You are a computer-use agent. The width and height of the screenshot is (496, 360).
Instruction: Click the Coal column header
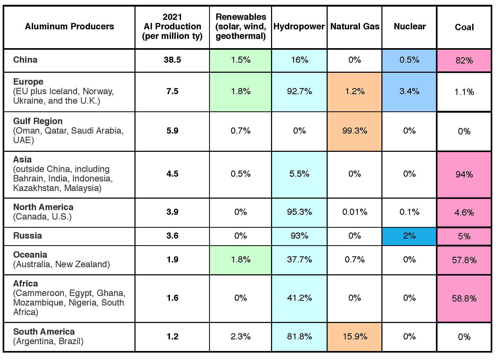(x=464, y=27)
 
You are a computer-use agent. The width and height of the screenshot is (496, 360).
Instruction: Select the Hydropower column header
(x=299, y=26)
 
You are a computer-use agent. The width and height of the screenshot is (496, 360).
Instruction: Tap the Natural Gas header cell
(x=355, y=26)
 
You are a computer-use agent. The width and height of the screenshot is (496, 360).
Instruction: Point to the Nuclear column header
(x=409, y=26)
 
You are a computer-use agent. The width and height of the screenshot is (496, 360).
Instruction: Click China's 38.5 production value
(x=172, y=60)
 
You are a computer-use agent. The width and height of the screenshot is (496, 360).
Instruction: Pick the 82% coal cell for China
(x=464, y=60)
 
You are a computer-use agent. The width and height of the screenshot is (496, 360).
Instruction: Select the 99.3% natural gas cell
(x=355, y=131)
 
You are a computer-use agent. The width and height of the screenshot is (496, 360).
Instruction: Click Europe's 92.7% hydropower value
(x=299, y=92)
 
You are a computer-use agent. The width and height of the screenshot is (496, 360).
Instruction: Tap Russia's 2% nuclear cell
(x=409, y=236)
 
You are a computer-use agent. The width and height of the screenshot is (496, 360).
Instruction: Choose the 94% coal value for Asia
(x=464, y=174)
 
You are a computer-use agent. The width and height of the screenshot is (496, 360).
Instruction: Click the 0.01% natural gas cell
(x=355, y=212)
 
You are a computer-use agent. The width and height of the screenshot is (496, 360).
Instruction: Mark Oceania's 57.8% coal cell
(x=464, y=260)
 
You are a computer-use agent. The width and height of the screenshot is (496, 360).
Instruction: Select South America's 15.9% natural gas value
(x=355, y=336)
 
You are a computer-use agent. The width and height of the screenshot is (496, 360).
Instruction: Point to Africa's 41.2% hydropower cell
(x=299, y=298)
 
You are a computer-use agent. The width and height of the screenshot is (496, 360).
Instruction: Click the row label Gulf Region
(x=38, y=121)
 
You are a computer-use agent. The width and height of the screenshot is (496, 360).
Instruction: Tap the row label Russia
(x=28, y=236)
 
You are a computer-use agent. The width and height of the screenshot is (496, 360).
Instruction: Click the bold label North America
(x=43, y=207)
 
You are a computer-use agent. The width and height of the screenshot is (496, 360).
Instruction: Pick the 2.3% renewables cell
(x=240, y=336)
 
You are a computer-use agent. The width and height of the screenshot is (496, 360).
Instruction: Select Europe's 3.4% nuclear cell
(x=409, y=92)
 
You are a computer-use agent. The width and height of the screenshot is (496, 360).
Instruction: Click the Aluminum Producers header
(x=69, y=26)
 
